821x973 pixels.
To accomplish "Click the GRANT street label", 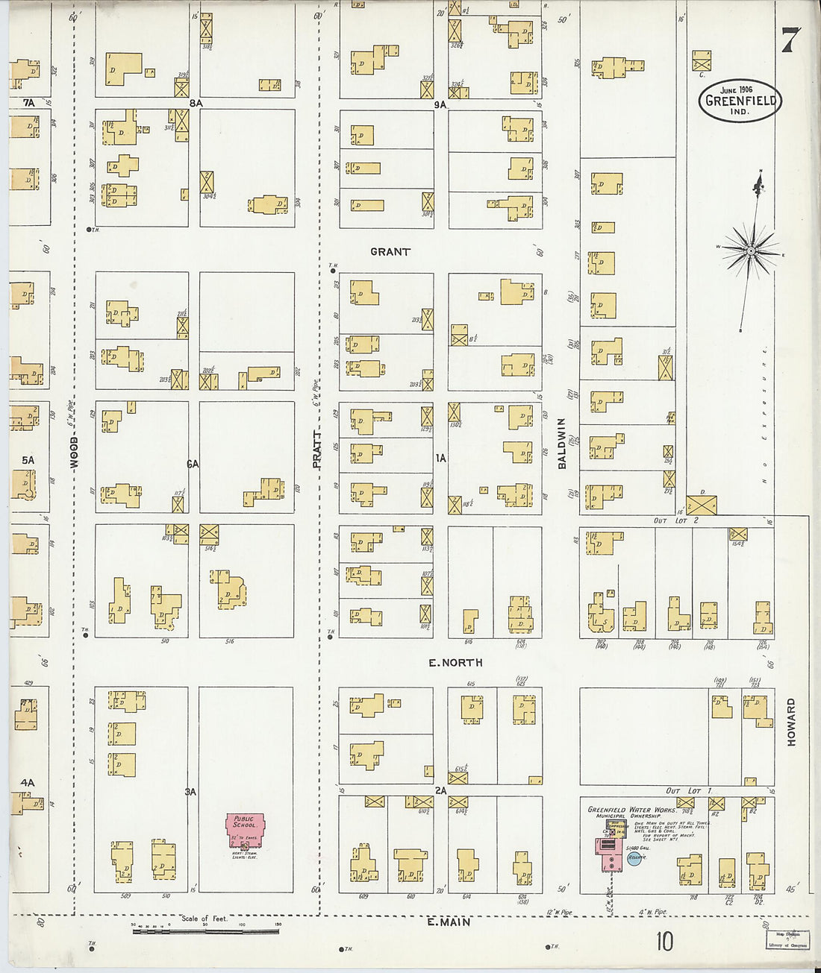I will (x=390, y=252).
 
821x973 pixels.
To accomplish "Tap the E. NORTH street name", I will (x=455, y=662).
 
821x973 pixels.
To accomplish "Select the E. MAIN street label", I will (x=449, y=922).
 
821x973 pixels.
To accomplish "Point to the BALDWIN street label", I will (x=562, y=443).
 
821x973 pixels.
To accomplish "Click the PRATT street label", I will (x=316, y=450).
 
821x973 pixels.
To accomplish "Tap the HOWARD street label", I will (x=791, y=722).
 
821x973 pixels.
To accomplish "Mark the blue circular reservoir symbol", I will (x=634, y=859).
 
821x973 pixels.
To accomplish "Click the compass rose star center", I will (x=751, y=251).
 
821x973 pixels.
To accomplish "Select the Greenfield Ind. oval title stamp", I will (x=740, y=100).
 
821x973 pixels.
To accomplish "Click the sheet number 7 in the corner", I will (x=790, y=40).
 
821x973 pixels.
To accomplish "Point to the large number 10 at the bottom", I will (x=664, y=942).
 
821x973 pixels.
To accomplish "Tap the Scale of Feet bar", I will (x=205, y=931).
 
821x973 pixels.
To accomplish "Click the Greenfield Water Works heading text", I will (x=631, y=810).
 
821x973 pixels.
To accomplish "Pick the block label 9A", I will (x=440, y=105).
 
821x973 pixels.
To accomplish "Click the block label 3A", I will (x=191, y=791).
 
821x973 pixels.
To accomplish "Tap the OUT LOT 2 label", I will (x=676, y=520).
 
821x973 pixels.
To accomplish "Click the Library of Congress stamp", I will (x=787, y=939).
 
